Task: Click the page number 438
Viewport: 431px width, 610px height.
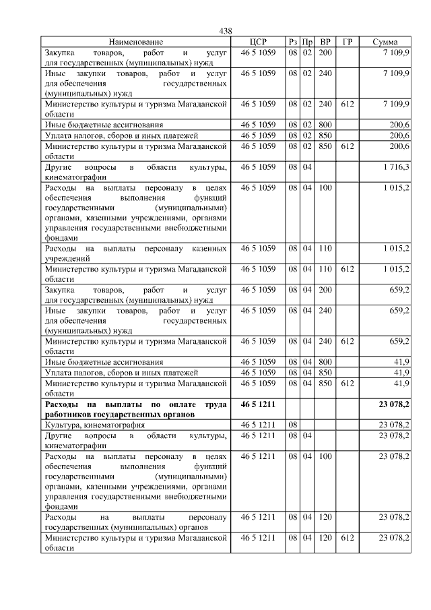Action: tap(226, 31)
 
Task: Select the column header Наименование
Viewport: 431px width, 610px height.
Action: tap(136, 42)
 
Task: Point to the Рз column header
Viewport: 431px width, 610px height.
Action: tap(292, 42)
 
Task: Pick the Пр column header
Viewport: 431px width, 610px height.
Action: tap(306, 42)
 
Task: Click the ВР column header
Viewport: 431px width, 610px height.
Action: tap(325, 42)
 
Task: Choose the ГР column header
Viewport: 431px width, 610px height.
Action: tap(347, 42)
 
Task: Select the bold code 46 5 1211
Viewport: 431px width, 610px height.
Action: tap(258, 404)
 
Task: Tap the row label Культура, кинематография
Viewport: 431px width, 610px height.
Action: tap(94, 425)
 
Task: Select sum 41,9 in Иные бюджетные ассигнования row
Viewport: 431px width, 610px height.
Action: tap(402, 362)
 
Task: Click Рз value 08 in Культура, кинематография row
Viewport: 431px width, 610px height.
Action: tap(292, 425)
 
